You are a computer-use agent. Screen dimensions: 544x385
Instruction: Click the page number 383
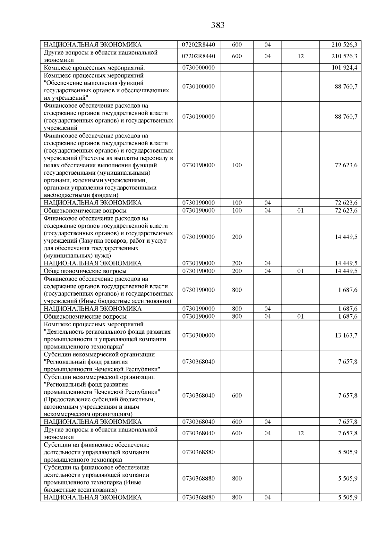(x=218, y=25)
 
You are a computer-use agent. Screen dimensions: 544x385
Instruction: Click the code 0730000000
(x=198, y=68)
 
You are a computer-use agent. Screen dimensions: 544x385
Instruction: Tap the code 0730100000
(x=198, y=87)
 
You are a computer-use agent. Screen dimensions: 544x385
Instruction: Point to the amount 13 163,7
(x=346, y=335)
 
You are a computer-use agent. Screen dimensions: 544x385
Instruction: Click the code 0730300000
(x=198, y=335)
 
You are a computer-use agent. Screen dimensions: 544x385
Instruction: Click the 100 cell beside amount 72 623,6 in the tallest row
(x=237, y=165)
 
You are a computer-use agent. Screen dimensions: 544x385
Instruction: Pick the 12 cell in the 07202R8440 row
(x=300, y=56)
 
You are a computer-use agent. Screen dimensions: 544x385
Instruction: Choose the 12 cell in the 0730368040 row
(x=300, y=433)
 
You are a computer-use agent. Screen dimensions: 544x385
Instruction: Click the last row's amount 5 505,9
(x=347, y=498)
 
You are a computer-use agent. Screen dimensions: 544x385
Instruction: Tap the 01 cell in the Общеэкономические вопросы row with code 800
(x=300, y=316)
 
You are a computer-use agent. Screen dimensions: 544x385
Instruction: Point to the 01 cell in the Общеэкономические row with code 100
(x=300, y=211)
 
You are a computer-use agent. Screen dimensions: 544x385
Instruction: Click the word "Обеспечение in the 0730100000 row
(x=64, y=83)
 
